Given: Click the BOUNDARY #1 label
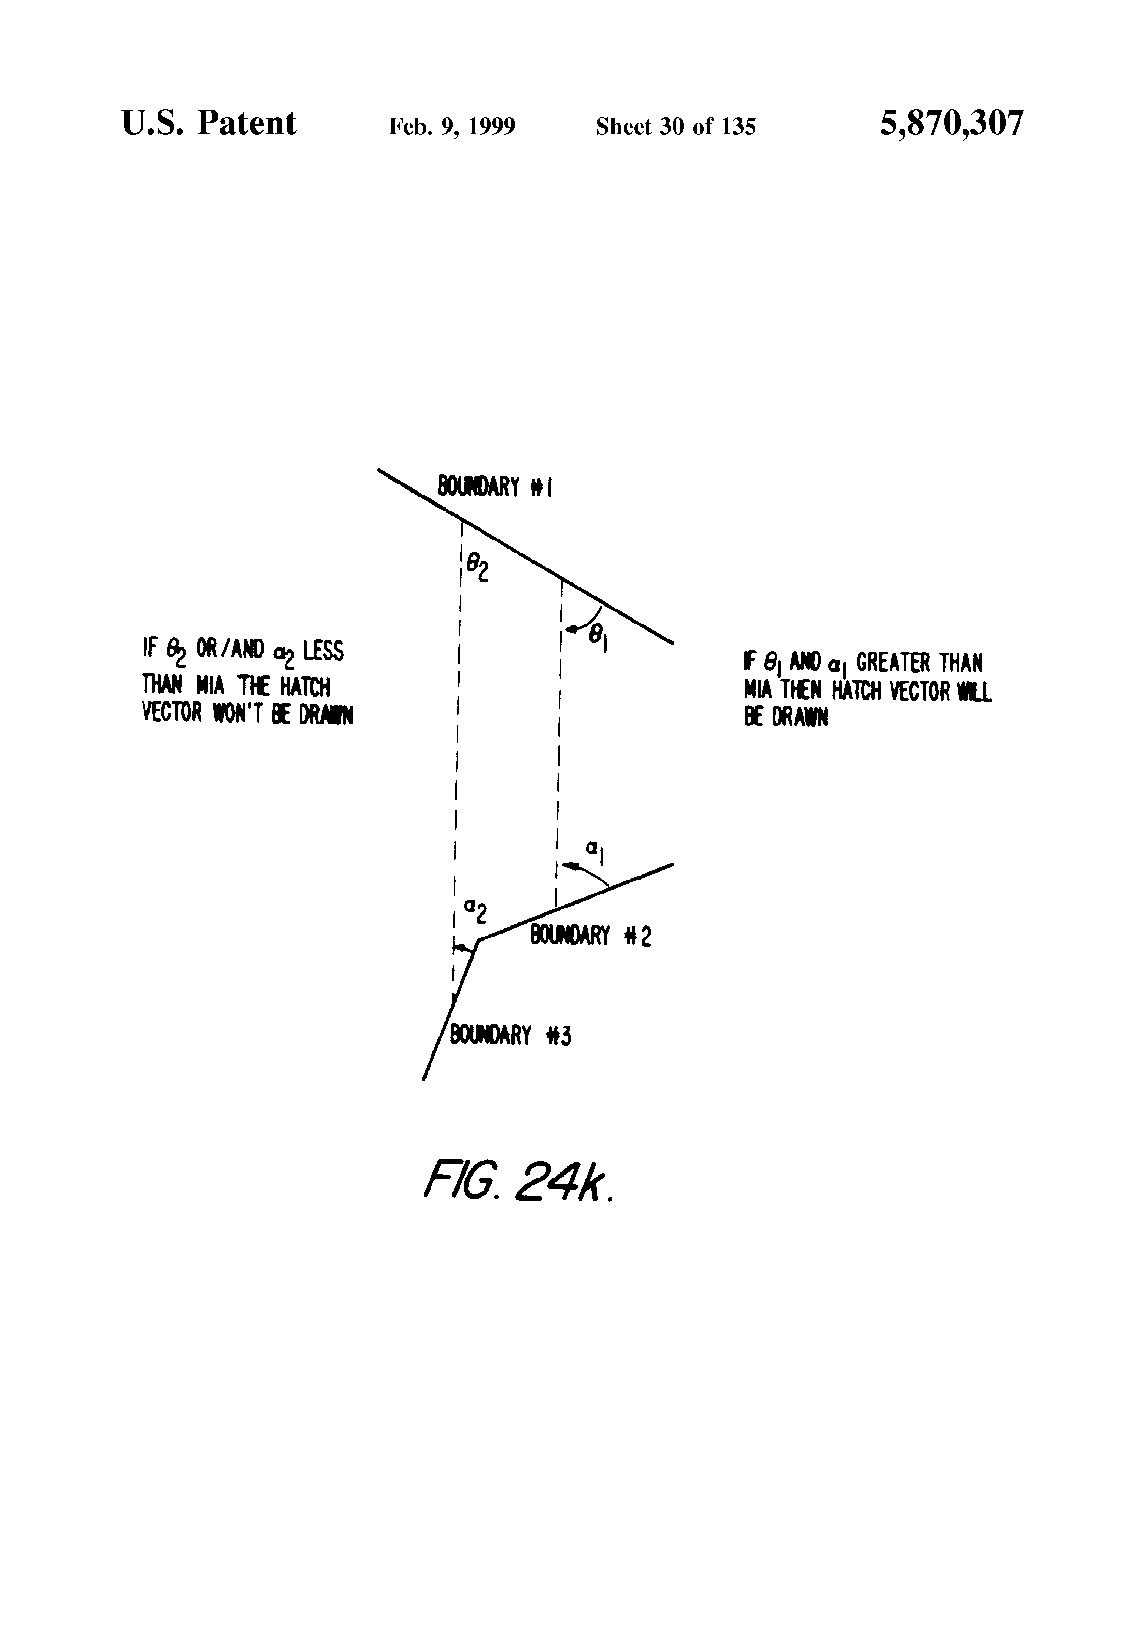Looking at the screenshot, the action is click(x=495, y=487).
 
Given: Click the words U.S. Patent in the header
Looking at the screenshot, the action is click(x=209, y=124).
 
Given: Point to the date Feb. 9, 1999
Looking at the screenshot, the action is click(x=452, y=127).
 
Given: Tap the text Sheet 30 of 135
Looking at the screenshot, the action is click(x=675, y=127).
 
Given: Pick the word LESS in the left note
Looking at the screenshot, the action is click(x=323, y=650).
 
